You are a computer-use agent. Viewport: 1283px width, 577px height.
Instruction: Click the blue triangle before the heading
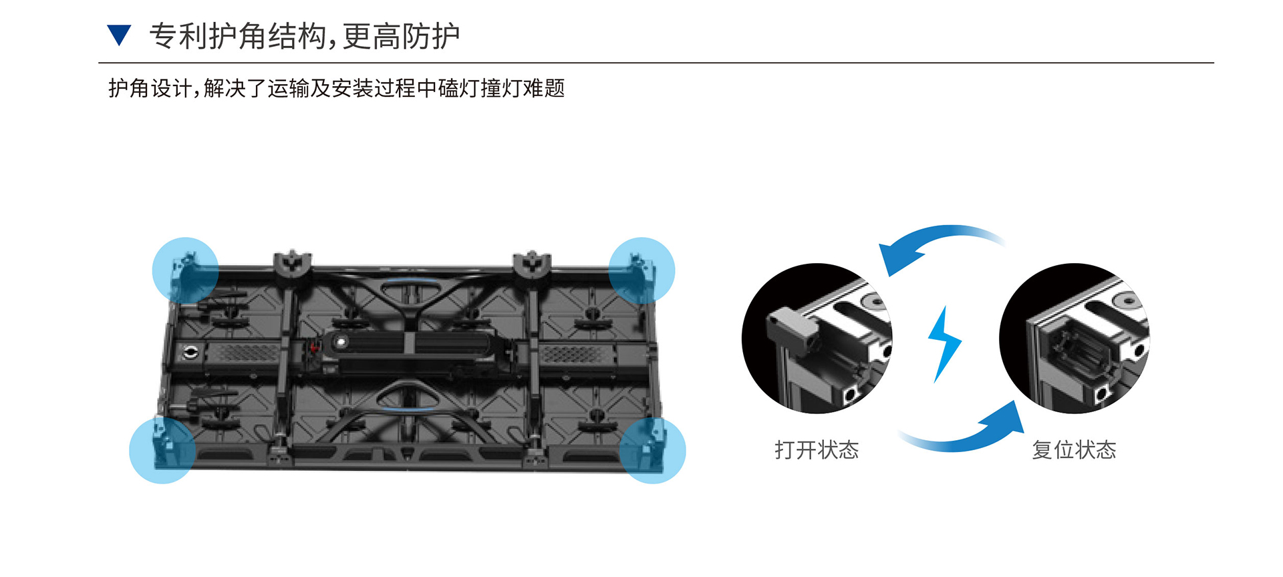click(x=119, y=34)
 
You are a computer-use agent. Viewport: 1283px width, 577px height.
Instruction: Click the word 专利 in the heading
click(x=178, y=36)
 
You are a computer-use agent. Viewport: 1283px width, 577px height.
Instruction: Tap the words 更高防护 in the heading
click(x=401, y=36)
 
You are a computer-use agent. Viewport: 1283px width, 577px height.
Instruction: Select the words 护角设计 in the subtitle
click(x=150, y=88)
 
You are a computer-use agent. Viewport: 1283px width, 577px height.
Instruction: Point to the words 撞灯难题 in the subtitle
click(x=523, y=88)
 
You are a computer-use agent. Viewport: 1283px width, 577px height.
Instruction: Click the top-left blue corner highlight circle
click(x=185, y=270)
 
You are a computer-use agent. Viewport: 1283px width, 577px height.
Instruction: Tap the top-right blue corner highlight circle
click(x=641, y=270)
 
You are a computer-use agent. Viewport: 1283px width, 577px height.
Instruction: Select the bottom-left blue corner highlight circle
click(x=162, y=450)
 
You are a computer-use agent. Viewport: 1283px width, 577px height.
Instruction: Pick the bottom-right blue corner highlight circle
click(x=652, y=450)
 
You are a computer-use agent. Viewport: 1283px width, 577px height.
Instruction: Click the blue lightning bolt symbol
click(x=944, y=343)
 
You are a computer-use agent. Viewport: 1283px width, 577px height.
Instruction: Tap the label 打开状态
click(x=817, y=450)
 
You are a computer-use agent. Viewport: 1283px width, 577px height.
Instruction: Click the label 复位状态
click(x=1074, y=450)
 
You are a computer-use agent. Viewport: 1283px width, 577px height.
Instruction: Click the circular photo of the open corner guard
click(x=817, y=339)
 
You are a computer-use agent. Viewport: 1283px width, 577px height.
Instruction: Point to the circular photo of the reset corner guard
click(x=1075, y=339)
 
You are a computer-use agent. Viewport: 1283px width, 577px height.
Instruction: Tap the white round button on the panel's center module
click(x=341, y=342)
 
